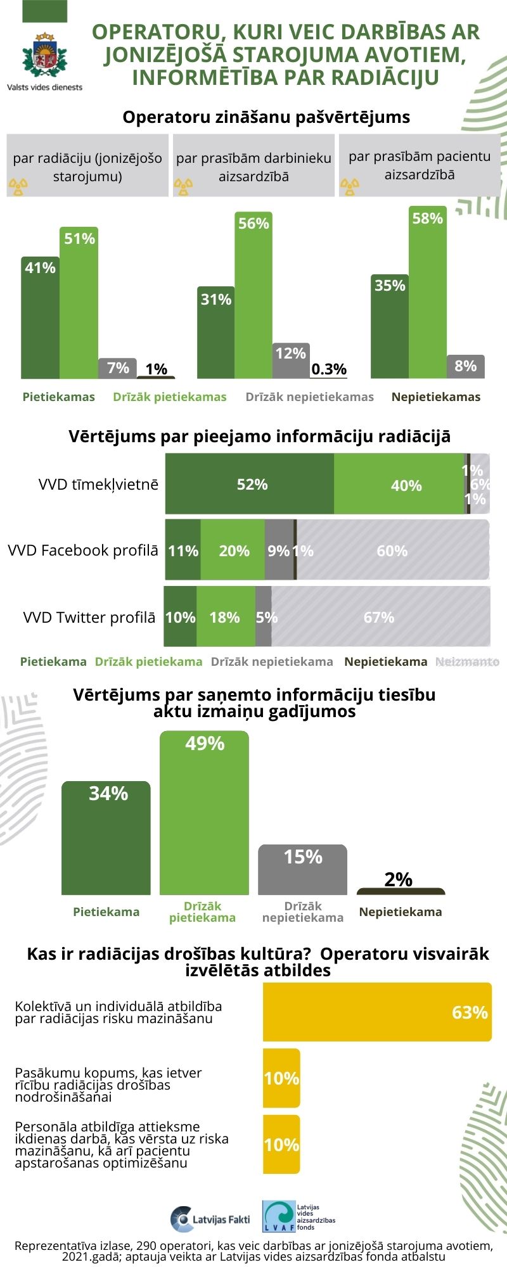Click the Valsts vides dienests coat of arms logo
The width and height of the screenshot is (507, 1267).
pyautogui.click(x=45, y=56)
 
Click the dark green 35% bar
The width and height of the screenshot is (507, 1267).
pyautogui.click(x=389, y=326)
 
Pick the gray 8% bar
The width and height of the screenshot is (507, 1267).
pyautogui.click(x=466, y=367)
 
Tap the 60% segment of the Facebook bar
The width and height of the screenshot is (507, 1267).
pyautogui.click(x=393, y=551)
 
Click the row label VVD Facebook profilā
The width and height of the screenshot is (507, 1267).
pyautogui.click(x=83, y=551)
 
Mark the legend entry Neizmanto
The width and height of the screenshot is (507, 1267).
pyautogui.click(x=467, y=661)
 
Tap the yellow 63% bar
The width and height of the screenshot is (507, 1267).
pyautogui.click(x=377, y=1012)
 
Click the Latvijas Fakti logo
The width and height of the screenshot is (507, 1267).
pyautogui.click(x=210, y=1219)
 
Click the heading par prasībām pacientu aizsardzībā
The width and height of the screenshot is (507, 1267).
pyautogui.click(x=420, y=165)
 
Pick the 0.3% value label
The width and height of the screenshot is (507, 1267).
pyautogui.click(x=329, y=369)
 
